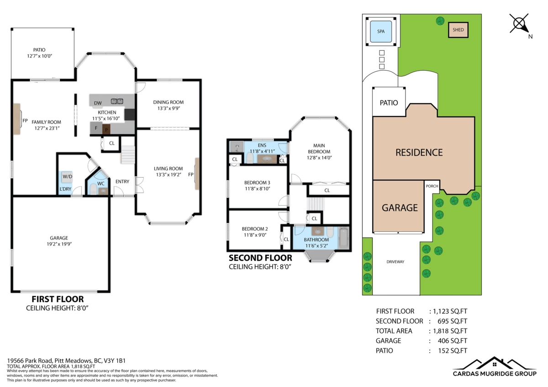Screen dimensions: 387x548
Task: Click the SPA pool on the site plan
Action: point(381,31)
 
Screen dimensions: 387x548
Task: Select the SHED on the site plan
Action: point(458,30)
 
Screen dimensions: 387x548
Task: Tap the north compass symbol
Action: point(519,24)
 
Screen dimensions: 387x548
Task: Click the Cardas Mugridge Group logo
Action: point(495,367)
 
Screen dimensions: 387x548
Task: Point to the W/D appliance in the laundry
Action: point(67,177)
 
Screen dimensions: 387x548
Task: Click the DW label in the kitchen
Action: point(98,103)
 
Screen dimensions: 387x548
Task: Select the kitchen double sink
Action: point(117,101)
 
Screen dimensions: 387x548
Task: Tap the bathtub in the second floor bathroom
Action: point(343,238)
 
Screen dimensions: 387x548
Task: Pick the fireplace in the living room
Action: point(197,173)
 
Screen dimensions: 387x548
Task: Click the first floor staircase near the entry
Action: point(128,154)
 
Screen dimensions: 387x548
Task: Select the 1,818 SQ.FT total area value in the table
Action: point(448,331)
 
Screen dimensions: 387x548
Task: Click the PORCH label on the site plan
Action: point(432,186)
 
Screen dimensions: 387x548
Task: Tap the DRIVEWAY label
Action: point(395,261)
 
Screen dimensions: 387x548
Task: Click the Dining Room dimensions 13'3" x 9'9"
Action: point(168,109)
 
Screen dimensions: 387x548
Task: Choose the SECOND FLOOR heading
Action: point(260,258)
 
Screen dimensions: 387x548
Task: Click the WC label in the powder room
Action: point(101,183)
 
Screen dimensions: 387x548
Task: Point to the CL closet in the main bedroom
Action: point(327,190)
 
